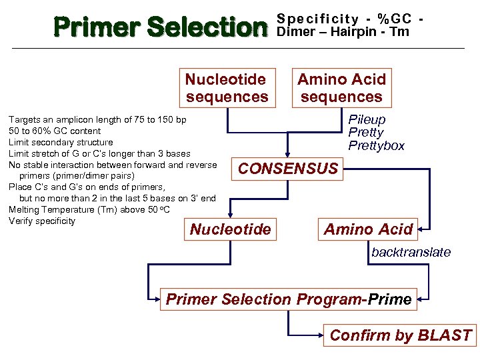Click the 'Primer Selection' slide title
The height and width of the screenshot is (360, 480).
(160, 27)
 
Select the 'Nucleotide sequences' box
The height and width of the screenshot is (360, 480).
(227, 88)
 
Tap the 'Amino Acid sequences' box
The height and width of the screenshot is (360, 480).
(341, 88)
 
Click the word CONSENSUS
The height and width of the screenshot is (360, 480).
(288, 169)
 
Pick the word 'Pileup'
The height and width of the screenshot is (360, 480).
(367, 120)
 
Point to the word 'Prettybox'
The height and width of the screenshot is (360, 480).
(376, 145)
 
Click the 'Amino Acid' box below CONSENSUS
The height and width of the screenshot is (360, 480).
(368, 230)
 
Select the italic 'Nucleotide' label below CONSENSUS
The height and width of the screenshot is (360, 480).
(231, 230)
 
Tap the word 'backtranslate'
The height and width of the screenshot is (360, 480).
(411, 252)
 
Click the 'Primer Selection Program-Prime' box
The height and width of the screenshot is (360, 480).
(289, 299)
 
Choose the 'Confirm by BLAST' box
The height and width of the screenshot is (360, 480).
(400, 335)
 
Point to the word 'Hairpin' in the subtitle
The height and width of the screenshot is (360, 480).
(351, 31)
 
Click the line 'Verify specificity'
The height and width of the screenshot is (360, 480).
(42, 221)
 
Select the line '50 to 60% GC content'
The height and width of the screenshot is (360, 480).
(55, 131)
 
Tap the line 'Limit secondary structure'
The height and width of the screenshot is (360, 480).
(61, 142)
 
